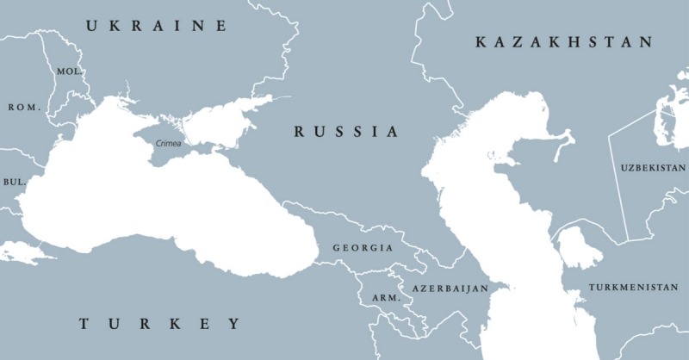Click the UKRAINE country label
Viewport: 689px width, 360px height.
(x=156, y=27)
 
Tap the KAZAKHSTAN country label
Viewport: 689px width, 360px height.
(x=564, y=41)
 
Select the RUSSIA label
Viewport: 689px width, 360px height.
(x=346, y=132)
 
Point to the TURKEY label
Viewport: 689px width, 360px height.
(x=160, y=324)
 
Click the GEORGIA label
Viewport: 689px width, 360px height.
(x=363, y=247)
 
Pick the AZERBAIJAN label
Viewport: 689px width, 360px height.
(x=450, y=288)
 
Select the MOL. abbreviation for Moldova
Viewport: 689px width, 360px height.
(x=69, y=71)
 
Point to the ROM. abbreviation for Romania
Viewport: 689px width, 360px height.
(x=24, y=108)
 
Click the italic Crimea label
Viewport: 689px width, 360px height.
(x=168, y=143)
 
